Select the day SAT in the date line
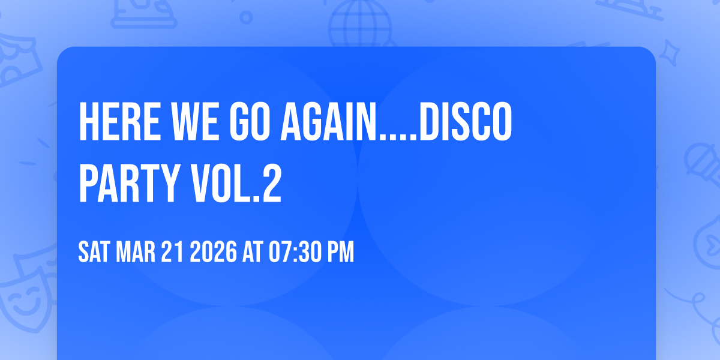[x=94, y=253]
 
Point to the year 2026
[x=213, y=253]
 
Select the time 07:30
[x=291, y=253]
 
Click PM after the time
[x=339, y=253]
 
